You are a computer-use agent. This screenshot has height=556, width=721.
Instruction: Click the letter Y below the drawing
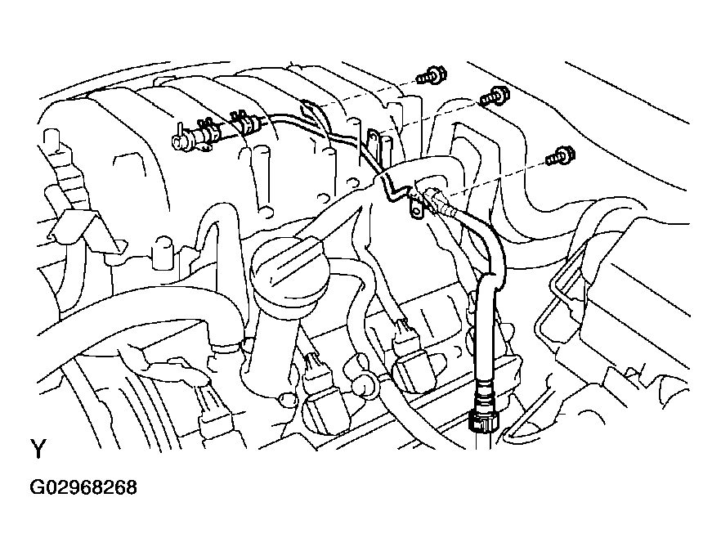click(38, 449)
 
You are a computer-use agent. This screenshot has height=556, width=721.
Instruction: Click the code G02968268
click(83, 487)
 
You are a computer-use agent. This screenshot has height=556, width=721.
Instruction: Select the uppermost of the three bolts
click(432, 76)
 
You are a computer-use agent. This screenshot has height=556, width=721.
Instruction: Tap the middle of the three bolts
click(495, 96)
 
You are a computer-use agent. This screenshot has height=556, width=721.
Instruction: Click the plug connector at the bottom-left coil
click(209, 410)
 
